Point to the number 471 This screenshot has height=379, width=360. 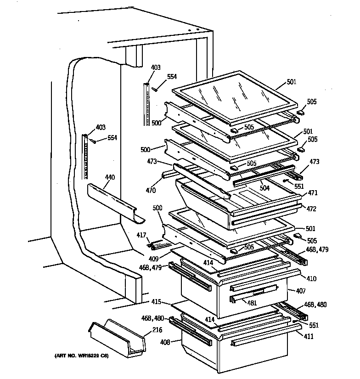313,193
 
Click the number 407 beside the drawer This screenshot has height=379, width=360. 301,291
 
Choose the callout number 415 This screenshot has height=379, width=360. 157,302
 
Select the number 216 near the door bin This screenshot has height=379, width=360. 157,330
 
